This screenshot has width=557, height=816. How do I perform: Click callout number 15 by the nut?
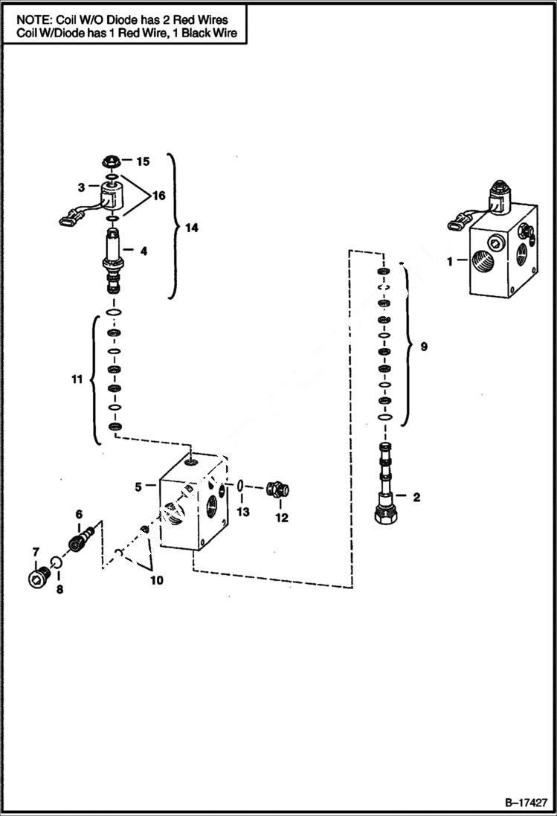[x=142, y=161]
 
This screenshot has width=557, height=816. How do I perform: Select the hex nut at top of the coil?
[x=109, y=161]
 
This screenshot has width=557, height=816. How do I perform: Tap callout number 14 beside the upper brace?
[x=192, y=229]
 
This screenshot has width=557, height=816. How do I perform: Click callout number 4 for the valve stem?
[x=143, y=251]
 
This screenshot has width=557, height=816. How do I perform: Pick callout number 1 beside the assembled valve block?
[x=450, y=261]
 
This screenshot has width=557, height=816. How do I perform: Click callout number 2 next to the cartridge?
[x=416, y=497]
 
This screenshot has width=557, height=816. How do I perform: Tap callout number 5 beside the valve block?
[x=138, y=487]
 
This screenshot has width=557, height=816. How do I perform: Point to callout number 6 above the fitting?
[x=79, y=514]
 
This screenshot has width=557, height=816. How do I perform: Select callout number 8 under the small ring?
[x=60, y=588]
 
